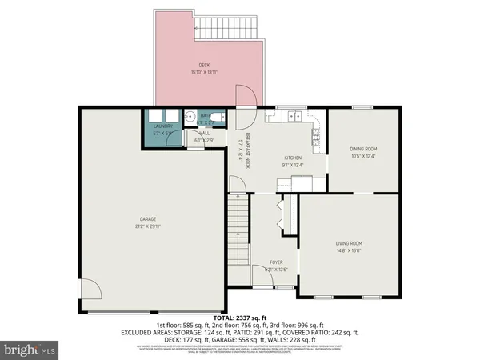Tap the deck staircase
tap(229, 30)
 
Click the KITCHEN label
tap(293, 158)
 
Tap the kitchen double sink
tap(286, 118)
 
